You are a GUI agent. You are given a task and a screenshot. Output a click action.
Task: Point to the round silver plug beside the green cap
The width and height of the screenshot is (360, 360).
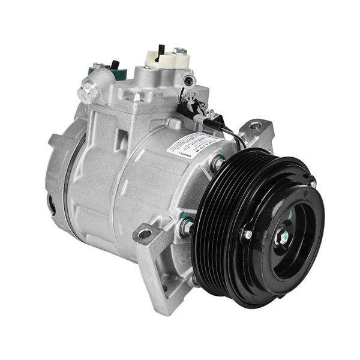[86, 94]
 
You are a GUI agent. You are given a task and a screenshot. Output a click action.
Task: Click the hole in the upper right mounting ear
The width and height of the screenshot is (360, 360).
[256, 126]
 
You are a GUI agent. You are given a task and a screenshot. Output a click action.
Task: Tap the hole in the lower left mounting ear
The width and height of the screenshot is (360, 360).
[145, 233]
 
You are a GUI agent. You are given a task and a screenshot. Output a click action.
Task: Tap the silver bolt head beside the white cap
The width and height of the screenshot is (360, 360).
[179, 51]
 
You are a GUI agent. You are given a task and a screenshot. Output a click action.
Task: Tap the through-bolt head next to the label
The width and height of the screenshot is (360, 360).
[216, 161]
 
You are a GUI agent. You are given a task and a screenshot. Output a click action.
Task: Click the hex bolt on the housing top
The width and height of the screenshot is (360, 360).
[137, 96]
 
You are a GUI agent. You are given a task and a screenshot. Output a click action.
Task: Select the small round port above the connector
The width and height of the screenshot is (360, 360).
[188, 80]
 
